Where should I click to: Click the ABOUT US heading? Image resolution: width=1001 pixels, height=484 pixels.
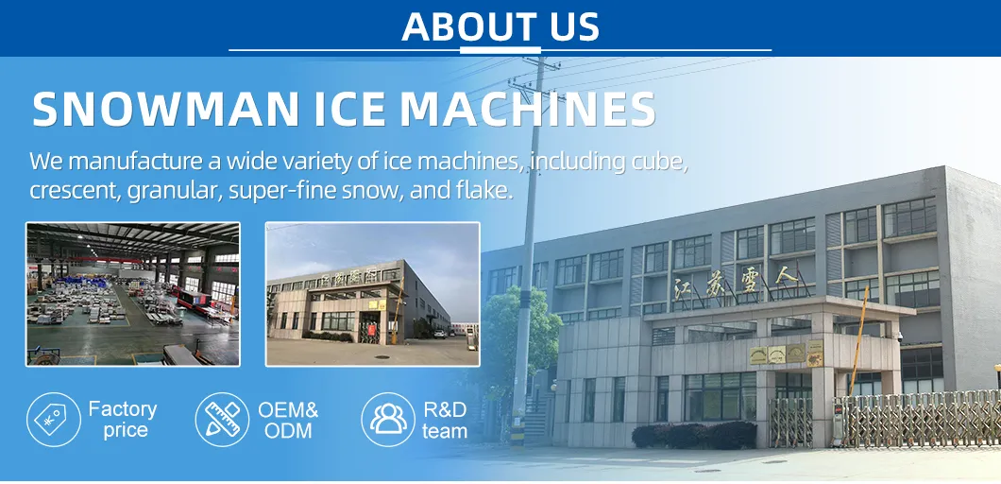pos(500,26)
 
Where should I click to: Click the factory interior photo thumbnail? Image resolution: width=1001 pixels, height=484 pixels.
pos(132,293)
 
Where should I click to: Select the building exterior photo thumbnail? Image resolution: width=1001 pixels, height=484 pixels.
pos(372,293)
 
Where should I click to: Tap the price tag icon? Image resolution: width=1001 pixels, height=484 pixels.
pos(53,419)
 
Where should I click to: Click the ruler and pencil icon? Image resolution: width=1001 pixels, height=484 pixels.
pos(222,419)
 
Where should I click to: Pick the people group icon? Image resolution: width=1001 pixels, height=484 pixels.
pos(388,419)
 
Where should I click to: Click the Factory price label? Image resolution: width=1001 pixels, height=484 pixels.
pos(123,420)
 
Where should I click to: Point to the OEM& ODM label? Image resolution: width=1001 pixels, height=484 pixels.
pos(288,420)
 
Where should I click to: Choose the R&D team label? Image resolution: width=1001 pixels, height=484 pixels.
pos(445,420)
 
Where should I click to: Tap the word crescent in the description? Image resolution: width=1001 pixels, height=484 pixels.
pos(68,190)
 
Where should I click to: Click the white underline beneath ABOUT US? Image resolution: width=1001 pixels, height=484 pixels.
pos(500,49)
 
